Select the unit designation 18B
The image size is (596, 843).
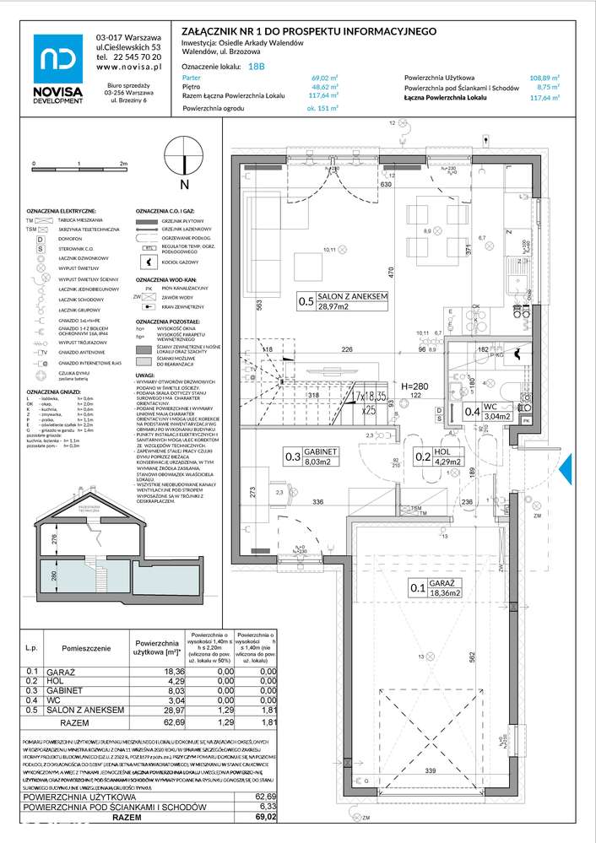tap(257, 66)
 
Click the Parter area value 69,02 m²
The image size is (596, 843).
tap(324, 77)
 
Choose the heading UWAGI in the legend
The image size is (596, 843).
tap(145, 375)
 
